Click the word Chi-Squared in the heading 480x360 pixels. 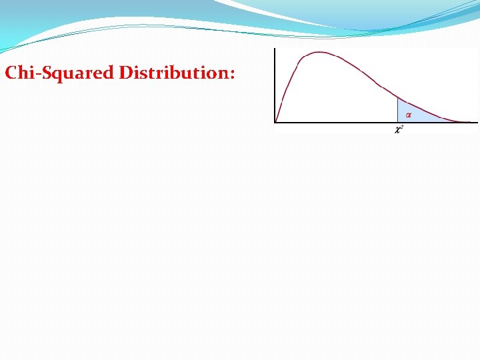pos(59,73)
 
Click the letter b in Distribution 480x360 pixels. pos(173,73)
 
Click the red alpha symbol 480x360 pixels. pos(408,115)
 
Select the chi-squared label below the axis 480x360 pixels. pos(399,129)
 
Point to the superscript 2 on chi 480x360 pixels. pos(402,127)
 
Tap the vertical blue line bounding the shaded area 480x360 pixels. pos(397,111)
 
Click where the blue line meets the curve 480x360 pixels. pos(397,98)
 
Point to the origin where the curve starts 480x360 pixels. pos(275,122)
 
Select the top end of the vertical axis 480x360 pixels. pos(275,49)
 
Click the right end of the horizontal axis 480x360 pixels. pos(477,122)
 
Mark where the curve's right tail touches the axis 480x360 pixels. pos(460,121)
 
